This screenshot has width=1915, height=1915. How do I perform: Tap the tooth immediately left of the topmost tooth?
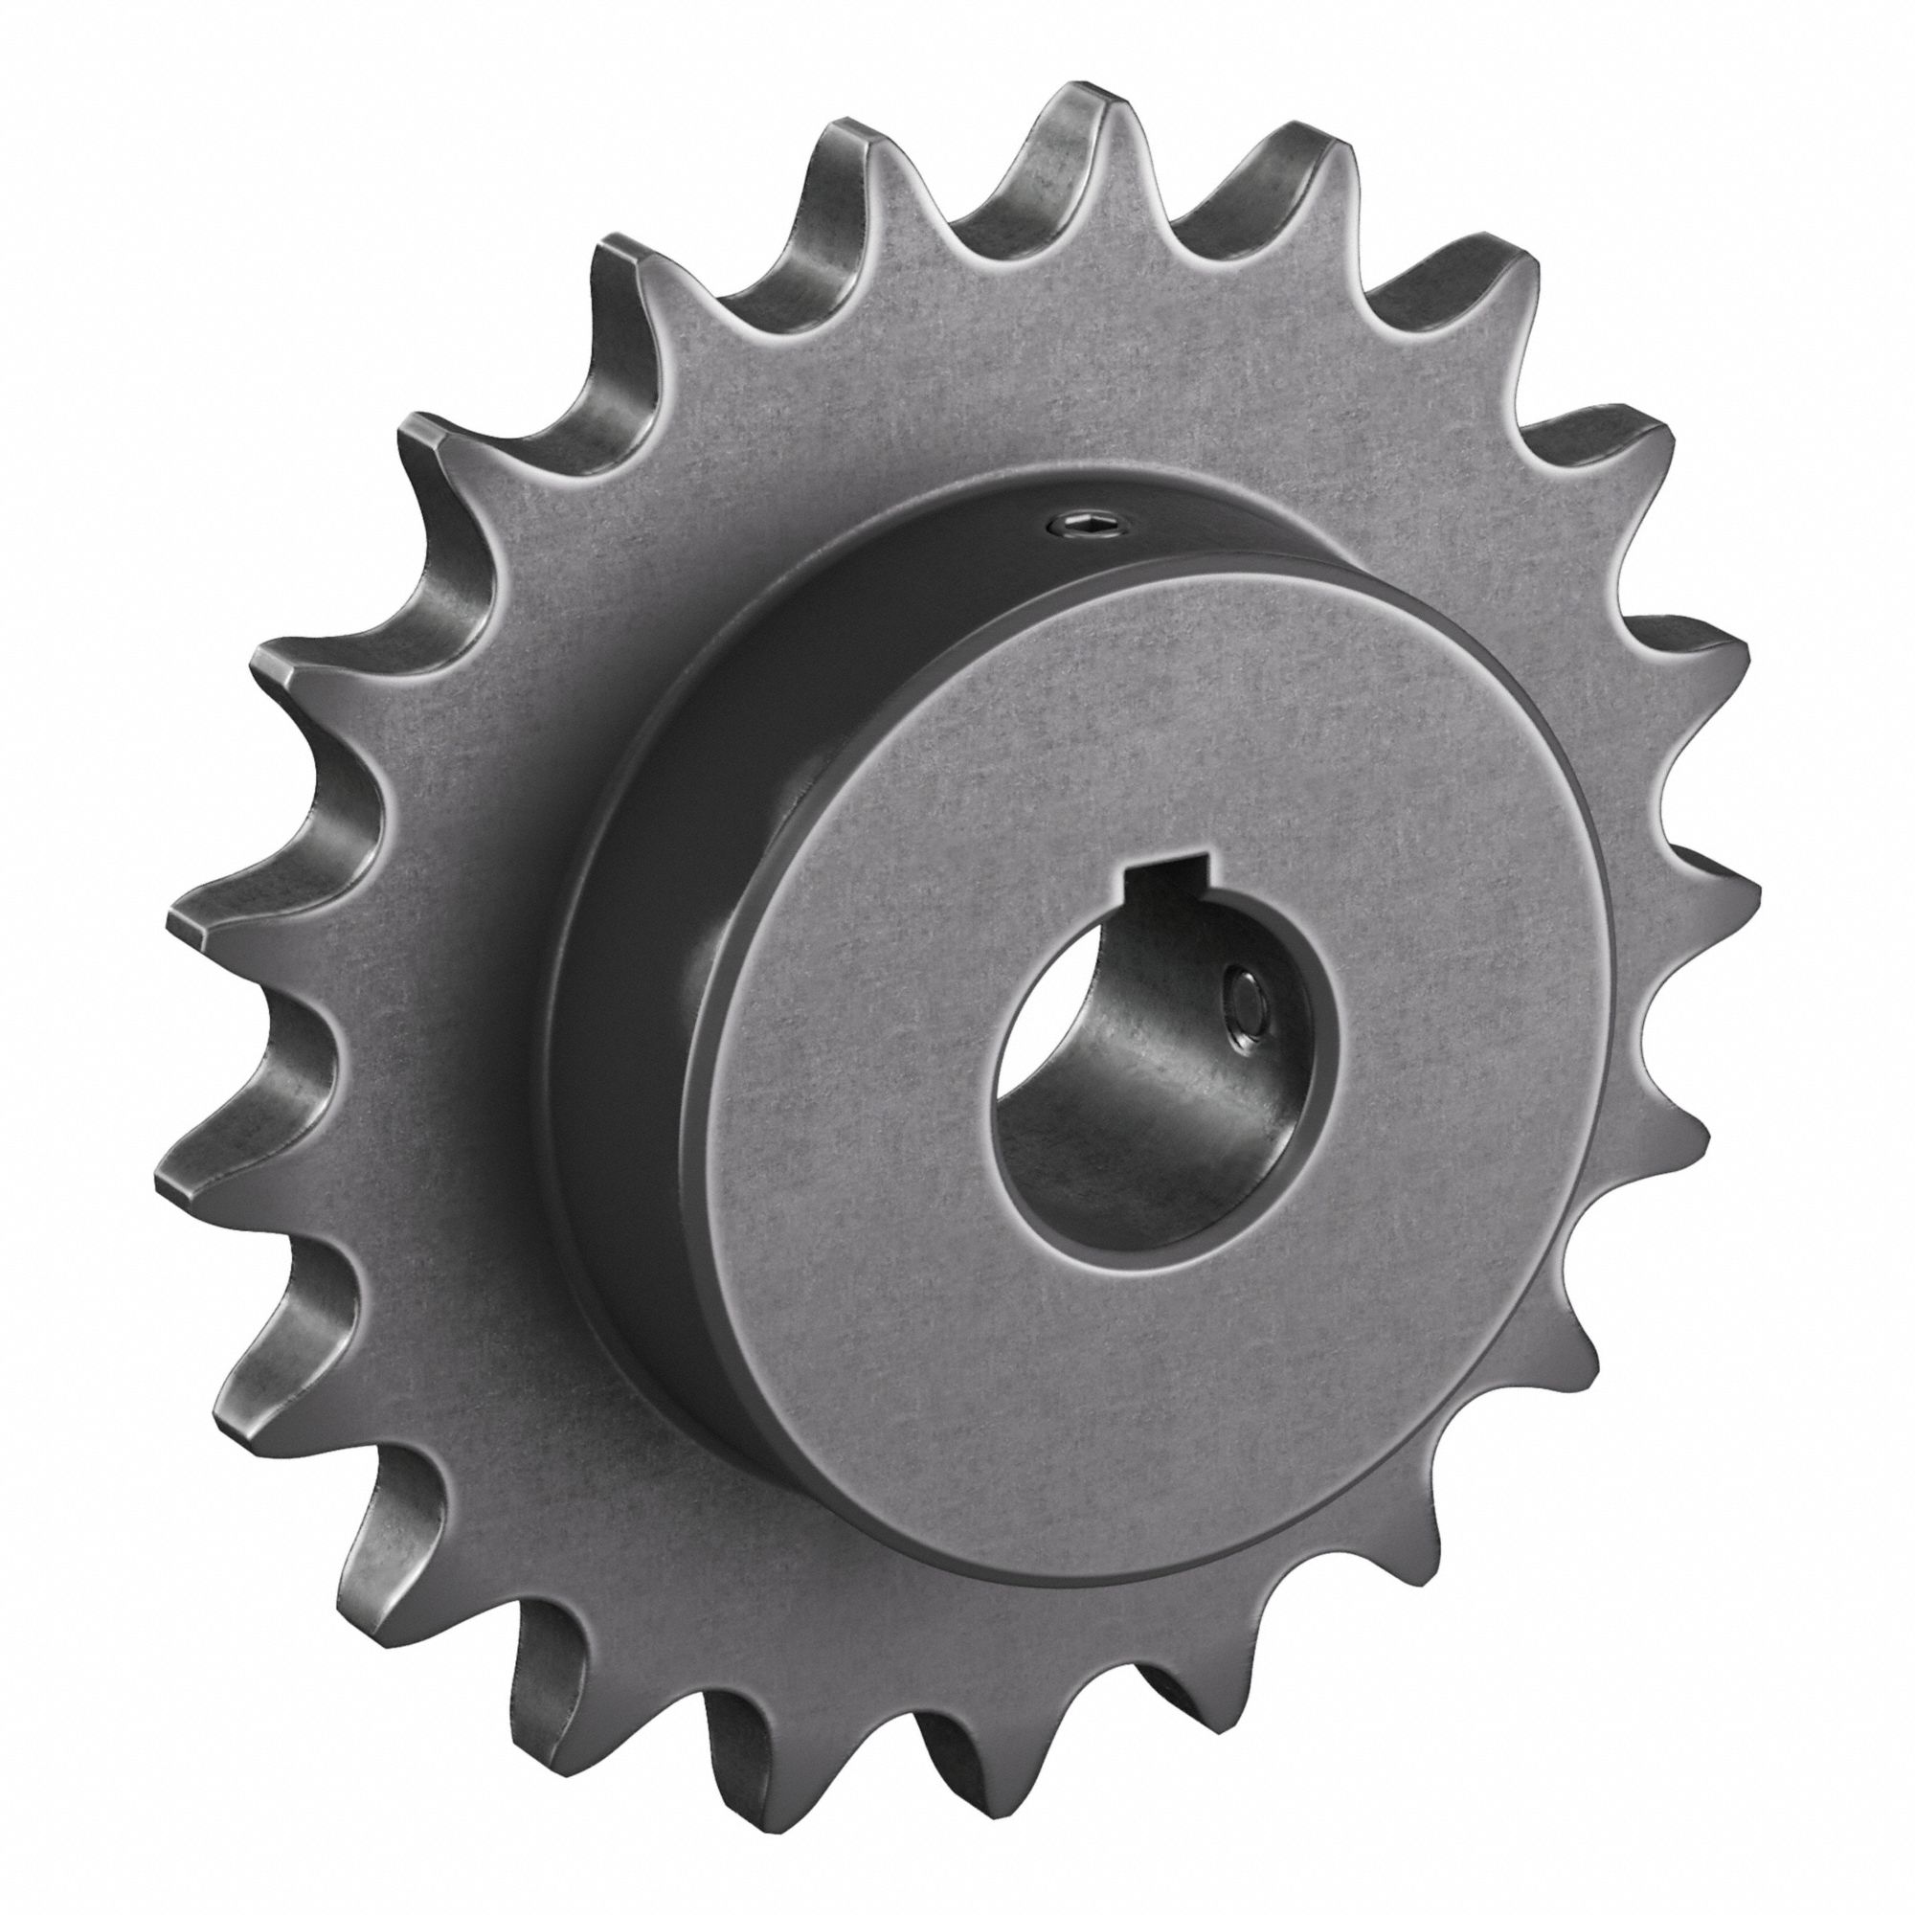(x=843, y=159)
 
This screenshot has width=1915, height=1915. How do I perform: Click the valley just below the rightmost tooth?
(x=1626, y=1011)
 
